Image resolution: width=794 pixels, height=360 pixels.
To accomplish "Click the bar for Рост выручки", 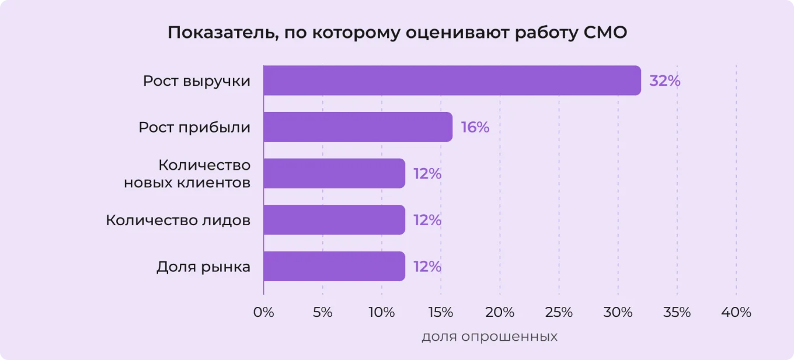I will point(452,81).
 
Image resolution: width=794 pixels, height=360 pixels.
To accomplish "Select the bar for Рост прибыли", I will point(358,127).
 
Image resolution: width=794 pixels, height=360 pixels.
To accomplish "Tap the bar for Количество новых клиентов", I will point(334,173).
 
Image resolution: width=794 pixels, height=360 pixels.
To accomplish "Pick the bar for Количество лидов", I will point(334,220).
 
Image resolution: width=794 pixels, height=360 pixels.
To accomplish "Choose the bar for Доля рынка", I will point(334,267).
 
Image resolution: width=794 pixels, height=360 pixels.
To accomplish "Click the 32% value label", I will point(664,81).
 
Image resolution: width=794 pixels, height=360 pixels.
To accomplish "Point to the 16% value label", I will point(475,127).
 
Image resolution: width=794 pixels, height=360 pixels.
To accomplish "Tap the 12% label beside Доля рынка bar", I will point(427,267).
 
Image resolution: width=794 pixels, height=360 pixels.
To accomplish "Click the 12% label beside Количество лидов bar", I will point(427,220).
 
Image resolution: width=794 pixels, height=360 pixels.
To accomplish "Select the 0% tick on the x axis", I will point(263,312).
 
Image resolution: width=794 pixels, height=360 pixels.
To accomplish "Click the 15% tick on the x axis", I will point(441,312).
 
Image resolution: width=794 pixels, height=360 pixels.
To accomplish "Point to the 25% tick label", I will point(559,312).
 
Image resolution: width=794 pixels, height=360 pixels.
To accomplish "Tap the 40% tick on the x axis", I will point(736,312).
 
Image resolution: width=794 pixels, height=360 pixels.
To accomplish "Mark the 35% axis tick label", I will point(677,312).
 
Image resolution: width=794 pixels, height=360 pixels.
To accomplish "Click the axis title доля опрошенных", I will point(489,337).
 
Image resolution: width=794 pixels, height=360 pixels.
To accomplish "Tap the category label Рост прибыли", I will point(194,127).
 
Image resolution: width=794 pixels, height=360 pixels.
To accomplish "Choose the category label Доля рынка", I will point(203,267).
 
